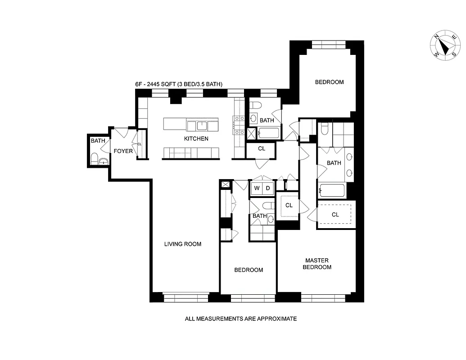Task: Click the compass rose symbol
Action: coord(445,46)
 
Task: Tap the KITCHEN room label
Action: coord(196,139)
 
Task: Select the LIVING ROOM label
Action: coord(182,244)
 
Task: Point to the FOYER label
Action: coord(123,151)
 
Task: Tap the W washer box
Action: coord(257,188)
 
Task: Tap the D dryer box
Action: coord(267,188)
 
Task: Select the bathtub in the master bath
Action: coord(332,190)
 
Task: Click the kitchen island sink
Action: coord(202,125)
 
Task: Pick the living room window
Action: coord(185,297)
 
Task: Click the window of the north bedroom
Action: coord(329,44)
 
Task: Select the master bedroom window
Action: coord(323,297)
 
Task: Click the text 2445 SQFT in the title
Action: coord(163,84)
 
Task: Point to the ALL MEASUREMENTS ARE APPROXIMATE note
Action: coord(241,319)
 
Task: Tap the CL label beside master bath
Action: coord(335,215)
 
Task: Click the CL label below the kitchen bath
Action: coord(262,148)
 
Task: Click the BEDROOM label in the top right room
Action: coord(329,82)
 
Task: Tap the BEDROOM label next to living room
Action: coord(249,270)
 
